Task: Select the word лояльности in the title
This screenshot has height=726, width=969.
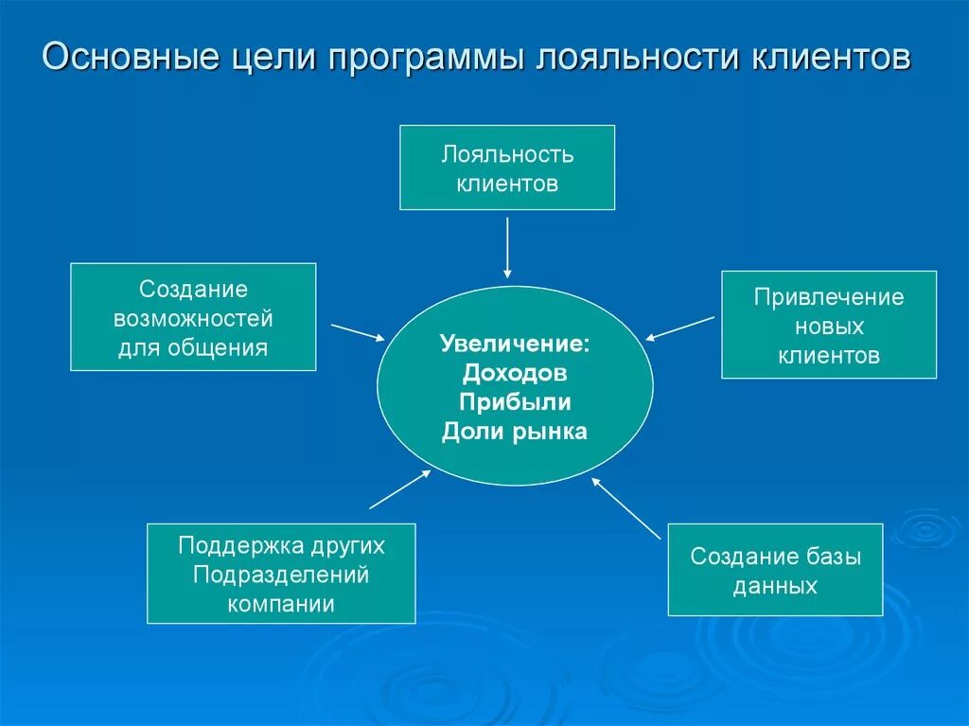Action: pyautogui.click(x=639, y=58)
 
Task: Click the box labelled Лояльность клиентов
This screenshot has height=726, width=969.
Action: pyautogui.click(x=507, y=168)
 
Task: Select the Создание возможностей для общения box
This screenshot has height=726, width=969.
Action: pyautogui.click(x=193, y=317)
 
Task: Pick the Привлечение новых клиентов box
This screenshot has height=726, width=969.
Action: pyautogui.click(x=829, y=325)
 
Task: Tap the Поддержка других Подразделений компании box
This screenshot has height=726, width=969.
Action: pyautogui.click(x=281, y=574)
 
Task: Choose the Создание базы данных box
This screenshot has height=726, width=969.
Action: pyautogui.click(x=775, y=570)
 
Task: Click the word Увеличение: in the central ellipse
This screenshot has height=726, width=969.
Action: pyautogui.click(x=515, y=343)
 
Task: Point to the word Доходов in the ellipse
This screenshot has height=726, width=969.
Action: pyautogui.click(x=515, y=372)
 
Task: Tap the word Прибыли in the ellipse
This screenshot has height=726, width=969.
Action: pyautogui.click(x=515, y=401)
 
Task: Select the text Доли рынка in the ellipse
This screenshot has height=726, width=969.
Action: pyautogui.click(x=515, y=432)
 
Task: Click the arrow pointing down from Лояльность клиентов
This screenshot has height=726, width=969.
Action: pyautogui.click(x=508, y=248)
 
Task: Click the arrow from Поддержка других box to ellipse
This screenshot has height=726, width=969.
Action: pyautogui.click(x=399, y=488)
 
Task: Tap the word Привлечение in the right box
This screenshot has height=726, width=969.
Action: pyautogui.click(x=829, y=297)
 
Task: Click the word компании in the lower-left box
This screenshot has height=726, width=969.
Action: pyautogui.click(x=281, y=604)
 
